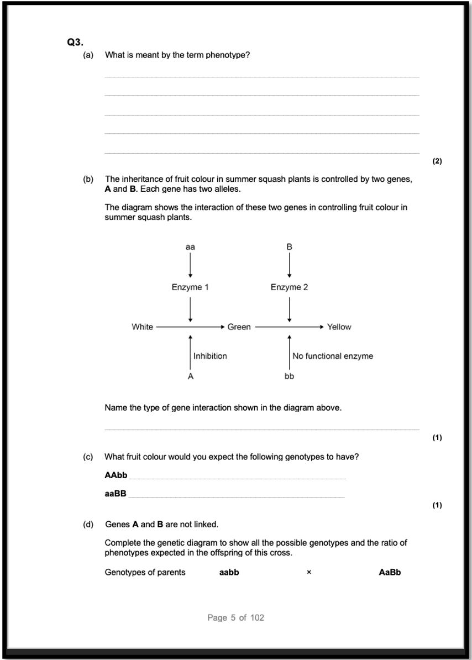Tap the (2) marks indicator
coord(437,161)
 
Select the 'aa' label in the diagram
coord(190,247)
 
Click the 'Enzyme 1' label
coord(190,287)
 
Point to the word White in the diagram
coord(142,327)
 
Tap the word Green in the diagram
coord(239,327)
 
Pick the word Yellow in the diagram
coord(339,327)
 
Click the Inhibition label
coord(210,356)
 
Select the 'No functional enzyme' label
coord(333,356)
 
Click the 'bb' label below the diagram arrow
coord(289,376)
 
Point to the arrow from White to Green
coord(191,327)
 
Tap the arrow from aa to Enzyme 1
coord(190,266)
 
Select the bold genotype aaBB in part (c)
coord(116,494)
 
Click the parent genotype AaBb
coord(390,572)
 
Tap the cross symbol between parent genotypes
coord(309,573)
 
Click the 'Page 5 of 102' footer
coord(236,617)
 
